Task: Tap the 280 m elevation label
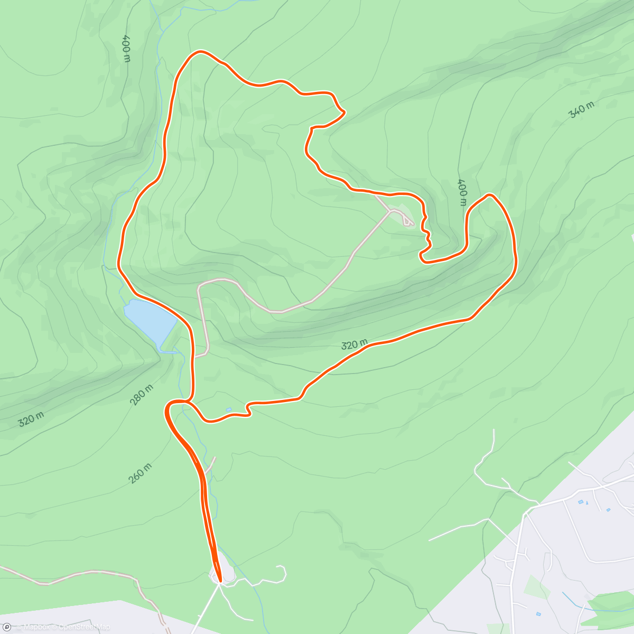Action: (142, 395)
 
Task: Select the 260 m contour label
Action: (140, 473)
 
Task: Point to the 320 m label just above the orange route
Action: (354, 344)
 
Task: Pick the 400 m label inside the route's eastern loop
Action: (462, 192)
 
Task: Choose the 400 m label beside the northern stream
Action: (126, 48)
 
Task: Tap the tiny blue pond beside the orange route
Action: (228, 409)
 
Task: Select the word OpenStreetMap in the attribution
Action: (84, 627)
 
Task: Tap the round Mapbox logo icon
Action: (6, 627)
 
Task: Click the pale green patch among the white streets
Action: (537, 587)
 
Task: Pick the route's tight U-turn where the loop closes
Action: (169, 407)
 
